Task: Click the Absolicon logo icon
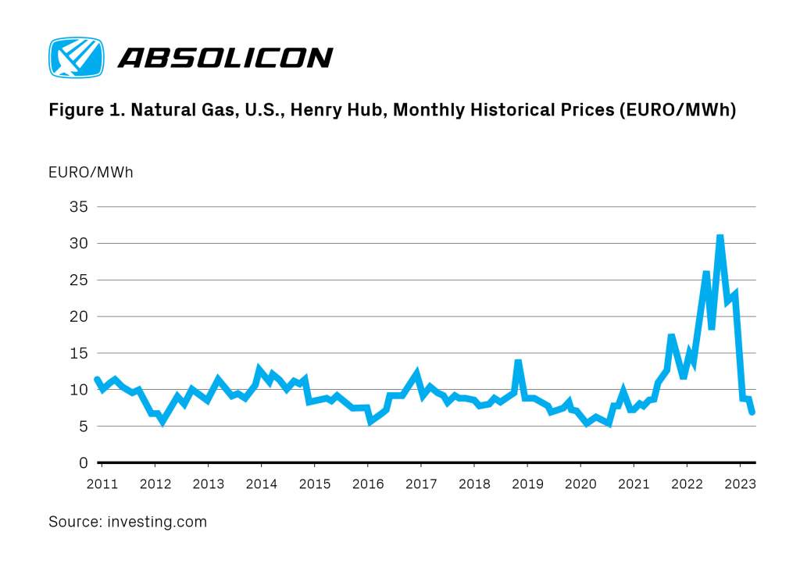tap(76, 57)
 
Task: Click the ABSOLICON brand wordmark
tap(225, 58)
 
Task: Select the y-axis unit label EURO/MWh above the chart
tap(91, 172)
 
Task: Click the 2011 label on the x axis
tap(102, 484)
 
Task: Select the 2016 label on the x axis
tap(368, 484)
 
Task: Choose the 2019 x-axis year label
tap(527, 484)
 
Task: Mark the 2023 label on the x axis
tap(740, 484)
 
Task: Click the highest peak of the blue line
tap(720, 237)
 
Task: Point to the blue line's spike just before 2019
tap(518, 362)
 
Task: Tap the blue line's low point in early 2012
tap(162, 421)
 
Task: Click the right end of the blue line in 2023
tap(752, 412)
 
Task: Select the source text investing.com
tap(157, 522)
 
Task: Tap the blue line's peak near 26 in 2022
tap(706, 273)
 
